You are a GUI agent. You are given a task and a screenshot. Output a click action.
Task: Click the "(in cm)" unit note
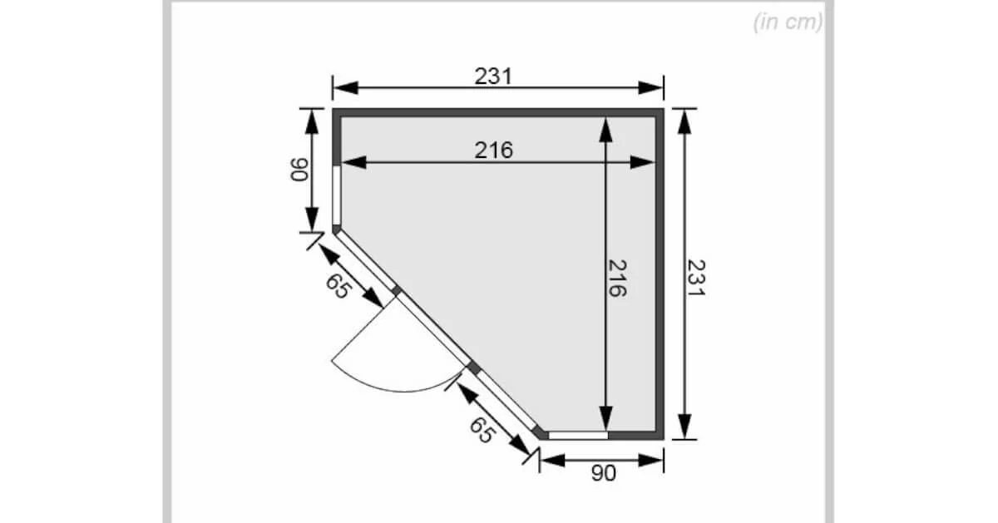pos(788,22)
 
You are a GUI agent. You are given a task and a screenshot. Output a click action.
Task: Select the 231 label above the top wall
pos(493,76)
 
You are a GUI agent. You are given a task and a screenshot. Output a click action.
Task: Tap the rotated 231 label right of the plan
pos(696,278)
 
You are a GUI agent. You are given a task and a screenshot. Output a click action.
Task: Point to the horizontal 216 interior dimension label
pos(494,150)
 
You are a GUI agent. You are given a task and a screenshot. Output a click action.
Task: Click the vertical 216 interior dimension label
pos(617,278)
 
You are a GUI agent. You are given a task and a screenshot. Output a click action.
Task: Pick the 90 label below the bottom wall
pos(604,473)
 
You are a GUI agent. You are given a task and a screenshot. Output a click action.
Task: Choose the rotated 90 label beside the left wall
pos(299,170)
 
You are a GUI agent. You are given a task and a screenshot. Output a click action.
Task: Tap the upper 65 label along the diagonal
pos(338,286)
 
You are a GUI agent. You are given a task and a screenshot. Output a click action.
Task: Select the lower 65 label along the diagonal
pos(482,430)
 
